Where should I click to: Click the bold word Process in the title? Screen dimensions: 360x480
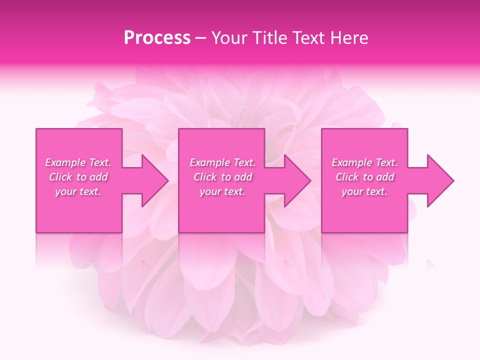click(x=157, y=38)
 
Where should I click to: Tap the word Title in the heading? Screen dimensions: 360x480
click(x=270, y=38)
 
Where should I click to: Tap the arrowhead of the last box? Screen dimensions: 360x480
click(x=440, y=180)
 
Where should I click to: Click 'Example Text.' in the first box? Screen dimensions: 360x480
click(x=78, y=162)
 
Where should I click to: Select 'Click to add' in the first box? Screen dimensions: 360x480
click(x=78, y=177)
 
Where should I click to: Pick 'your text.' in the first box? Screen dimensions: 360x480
click(x=78, y=191)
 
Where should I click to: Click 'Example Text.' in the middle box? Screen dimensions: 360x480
click(x=222, y=162)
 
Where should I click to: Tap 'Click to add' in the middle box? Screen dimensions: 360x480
click(x=223, y=177)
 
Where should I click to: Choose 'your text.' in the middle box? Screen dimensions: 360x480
click(x=222, y=191)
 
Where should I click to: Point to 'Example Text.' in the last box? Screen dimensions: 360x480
click(x=364, y=162)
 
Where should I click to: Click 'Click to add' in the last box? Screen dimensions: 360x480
click(x=365, y=177)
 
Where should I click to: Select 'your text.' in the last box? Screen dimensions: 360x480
click(x=364, y=191)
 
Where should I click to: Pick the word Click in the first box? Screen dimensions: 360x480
click(x=60, y=177)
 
